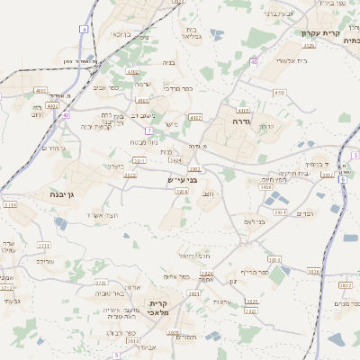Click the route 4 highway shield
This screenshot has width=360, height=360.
83,30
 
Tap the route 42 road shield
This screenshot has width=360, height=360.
66,115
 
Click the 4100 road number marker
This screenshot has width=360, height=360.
278,92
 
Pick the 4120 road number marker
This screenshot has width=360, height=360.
309,44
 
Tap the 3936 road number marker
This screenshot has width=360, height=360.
313,270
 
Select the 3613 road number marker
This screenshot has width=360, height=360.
133,341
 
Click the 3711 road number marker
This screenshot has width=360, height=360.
43,245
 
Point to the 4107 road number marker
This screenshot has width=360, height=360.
195,117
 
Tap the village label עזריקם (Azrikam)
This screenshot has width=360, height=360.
45,260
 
